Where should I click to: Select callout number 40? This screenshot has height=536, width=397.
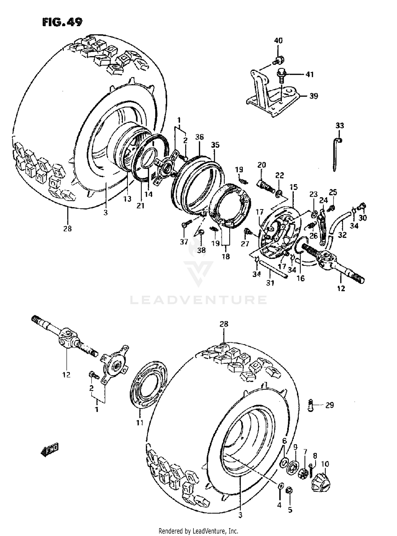278,40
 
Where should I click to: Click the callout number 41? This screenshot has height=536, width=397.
309,75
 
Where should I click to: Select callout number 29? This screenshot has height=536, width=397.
330,405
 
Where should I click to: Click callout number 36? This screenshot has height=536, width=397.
200,137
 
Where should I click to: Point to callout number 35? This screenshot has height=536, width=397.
215,145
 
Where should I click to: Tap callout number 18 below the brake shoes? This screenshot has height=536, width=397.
226,256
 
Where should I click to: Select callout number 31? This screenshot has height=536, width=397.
270,283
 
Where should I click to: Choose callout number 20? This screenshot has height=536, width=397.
261,165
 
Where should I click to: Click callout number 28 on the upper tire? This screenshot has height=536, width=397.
67,228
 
